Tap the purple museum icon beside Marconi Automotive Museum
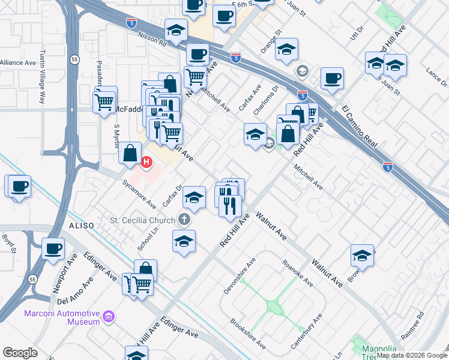pyautogui.click(x=109, y=316)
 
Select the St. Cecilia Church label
pyautogui.click(x=143, y=220)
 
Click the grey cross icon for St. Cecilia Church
pyautogui.click(x=185, y=220)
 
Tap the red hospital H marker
pyautogui.click(x=146, y=161)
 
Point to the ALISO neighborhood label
pyautogui.click(x=81, y=226)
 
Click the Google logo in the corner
pyautogui.click(x=20, y=352)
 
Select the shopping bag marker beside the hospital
pyautogui.click(x=130, y=154)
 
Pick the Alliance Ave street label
pyautogui.click(x=18, y=62)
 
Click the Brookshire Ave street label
pyautogui.click(x=248, y=334)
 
